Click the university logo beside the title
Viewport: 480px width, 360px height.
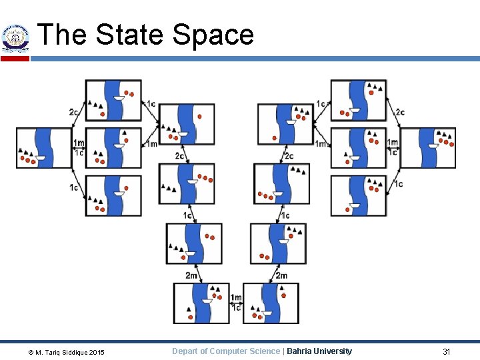pos(15,38)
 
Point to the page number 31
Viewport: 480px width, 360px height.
pos(447,351)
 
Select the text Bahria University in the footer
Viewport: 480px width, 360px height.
pos(319,351)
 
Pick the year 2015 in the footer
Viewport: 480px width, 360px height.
pos(97,352)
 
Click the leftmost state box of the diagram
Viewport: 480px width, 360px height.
pos(44,147)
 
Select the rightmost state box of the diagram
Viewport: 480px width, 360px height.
pos(428,147)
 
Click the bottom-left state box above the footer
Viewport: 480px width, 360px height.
pos(201,303)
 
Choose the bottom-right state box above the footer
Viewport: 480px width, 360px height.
pos(271,303)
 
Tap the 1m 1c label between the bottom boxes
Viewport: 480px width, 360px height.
pos(236,303)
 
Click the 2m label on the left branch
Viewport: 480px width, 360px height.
pos(191,275)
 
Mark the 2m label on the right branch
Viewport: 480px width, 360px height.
pos(281,275)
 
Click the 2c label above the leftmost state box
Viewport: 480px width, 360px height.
pos(73,112)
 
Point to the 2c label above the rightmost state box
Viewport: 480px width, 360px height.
pos(399,112)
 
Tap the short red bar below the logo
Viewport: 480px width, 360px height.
pos(15,59)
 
